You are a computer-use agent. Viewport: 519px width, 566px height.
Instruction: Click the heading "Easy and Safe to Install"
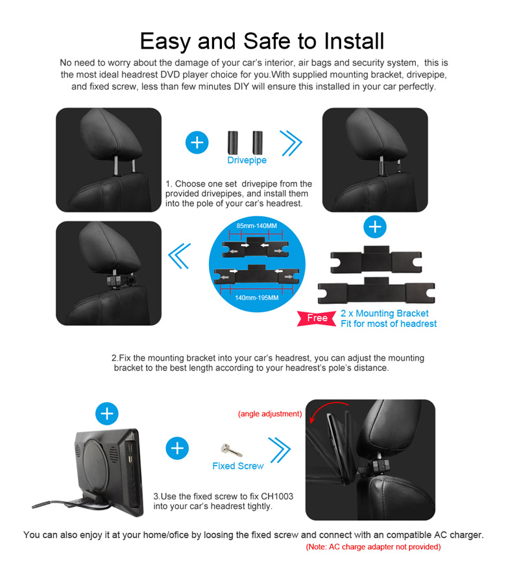click(262, 41)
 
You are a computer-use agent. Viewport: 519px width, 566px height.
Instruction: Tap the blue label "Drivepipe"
click(247, 160)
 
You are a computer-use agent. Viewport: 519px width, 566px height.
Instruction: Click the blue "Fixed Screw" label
click(238, 466)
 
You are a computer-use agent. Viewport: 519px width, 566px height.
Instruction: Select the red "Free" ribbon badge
click(317, 318)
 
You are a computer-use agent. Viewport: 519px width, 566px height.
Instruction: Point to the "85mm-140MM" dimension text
click(256, 226)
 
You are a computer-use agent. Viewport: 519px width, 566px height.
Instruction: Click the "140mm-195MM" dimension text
click(257, 298)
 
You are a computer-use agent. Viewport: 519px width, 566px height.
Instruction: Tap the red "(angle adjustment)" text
click(270, 414)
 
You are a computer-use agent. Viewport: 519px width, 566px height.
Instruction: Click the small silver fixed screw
click(231, 450)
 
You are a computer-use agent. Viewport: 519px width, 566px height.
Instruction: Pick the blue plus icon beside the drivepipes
click(197, 142)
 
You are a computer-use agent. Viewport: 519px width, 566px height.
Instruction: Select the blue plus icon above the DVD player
click(106, 414)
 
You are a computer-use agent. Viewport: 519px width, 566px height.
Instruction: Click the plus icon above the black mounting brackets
click(375, 227)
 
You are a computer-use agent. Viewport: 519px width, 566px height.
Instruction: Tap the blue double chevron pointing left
click(180, 256)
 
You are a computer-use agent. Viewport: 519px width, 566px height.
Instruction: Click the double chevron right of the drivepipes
click(291, 143)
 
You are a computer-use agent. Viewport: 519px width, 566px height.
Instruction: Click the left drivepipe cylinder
click(232, 142)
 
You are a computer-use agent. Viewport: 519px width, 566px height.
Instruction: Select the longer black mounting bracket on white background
click(376, 291)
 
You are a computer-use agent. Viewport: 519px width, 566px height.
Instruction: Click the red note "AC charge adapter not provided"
click(373, 547)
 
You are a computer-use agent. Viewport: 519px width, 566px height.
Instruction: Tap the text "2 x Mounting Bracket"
click(385, 313)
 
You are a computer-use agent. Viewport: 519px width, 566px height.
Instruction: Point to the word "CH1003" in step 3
click(277, 496)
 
